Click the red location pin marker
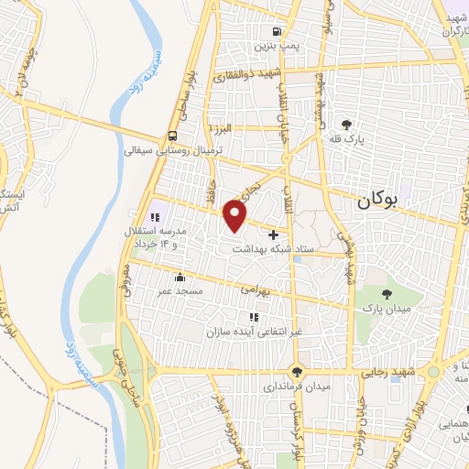tap(235, 216)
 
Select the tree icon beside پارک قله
tap(345, 125)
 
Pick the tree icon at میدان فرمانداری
tap(295, 371)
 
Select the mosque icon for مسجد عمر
tap(180, 276)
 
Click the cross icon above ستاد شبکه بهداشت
tap(273, 235)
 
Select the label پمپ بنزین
tap(278, 46)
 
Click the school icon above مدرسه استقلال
tap(155, 217)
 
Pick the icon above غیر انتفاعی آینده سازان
tap(254, 317)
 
